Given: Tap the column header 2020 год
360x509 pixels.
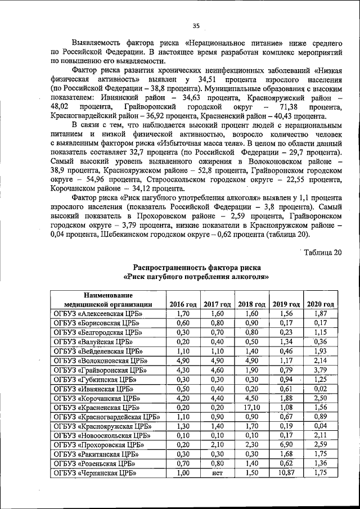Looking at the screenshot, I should (x=321, y=304).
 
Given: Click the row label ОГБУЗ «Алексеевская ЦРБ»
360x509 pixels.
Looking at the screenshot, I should (x=98, y=313).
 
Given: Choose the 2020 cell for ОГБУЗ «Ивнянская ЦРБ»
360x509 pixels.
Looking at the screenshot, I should (x=321, y=388).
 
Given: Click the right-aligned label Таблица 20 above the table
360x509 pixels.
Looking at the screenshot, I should (x=322, y=251).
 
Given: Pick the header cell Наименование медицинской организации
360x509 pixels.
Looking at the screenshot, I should (x=107, y=299).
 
